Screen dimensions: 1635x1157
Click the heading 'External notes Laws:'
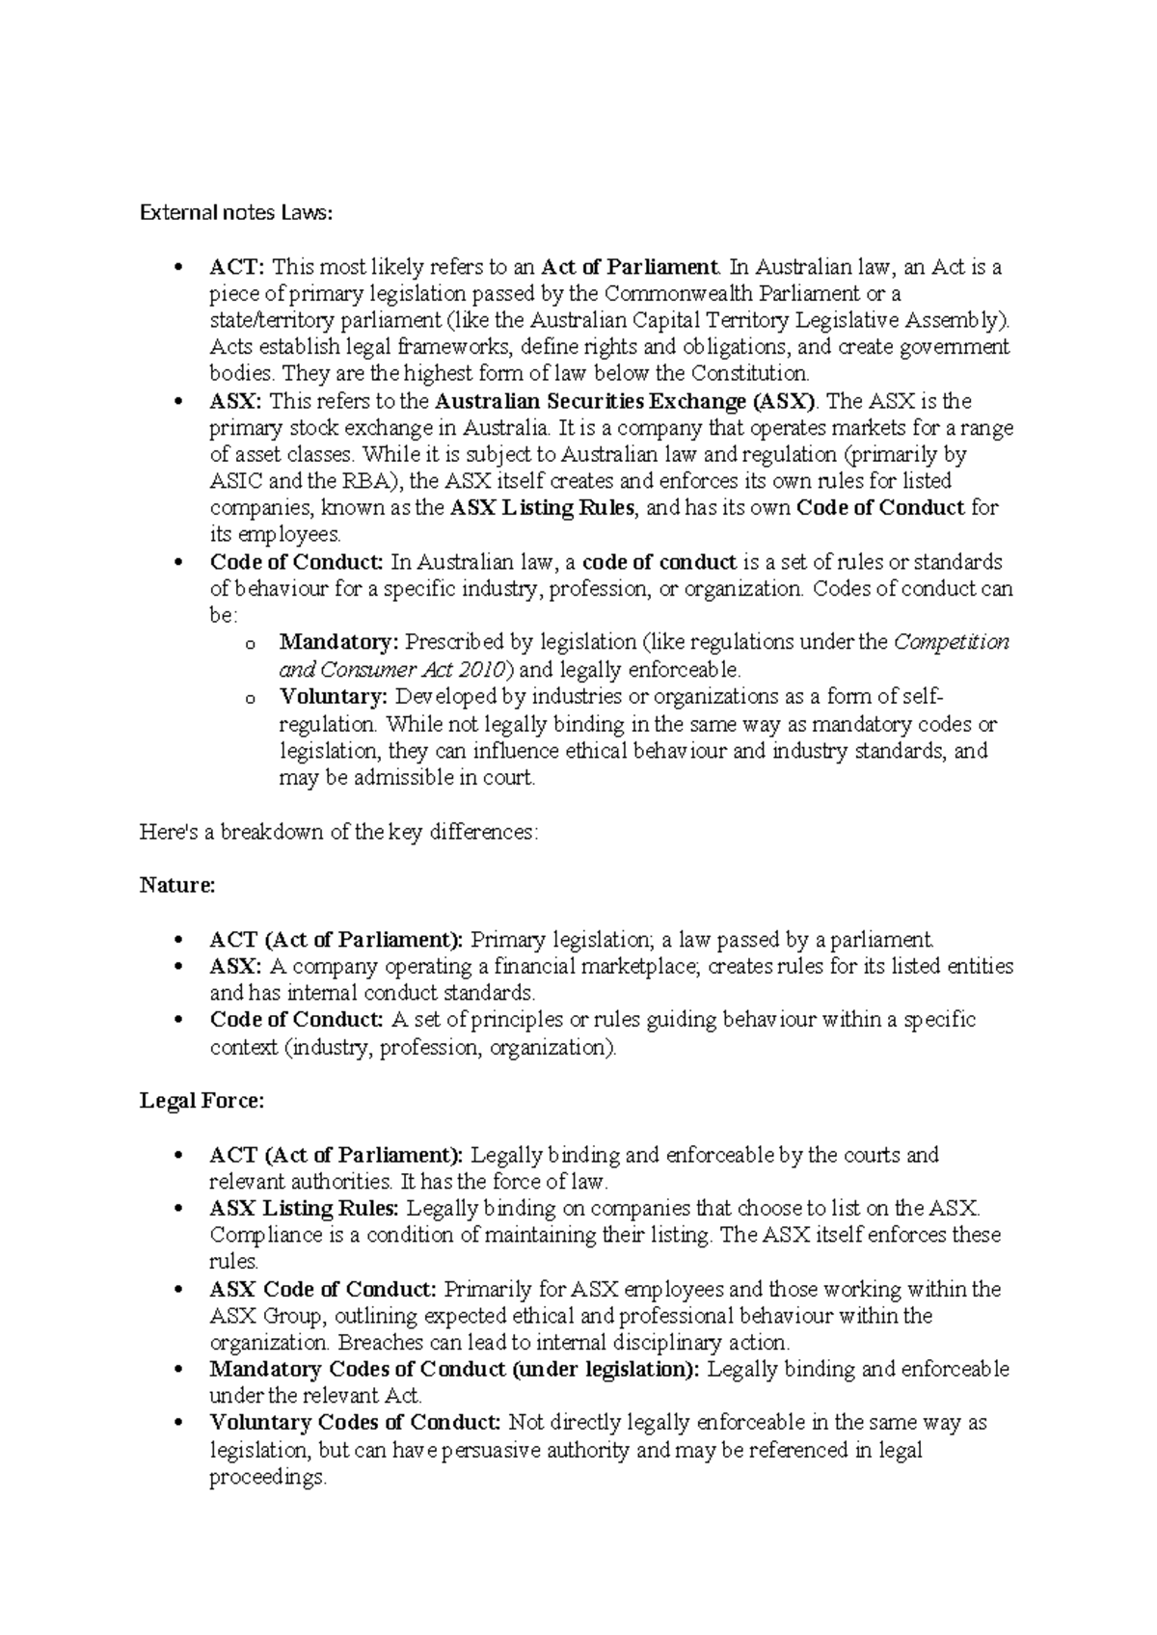[235, 213]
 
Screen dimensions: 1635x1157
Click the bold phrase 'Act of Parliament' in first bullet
[630, 267]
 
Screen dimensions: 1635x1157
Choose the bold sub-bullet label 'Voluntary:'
[333, 697]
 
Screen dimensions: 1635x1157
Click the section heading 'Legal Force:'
[202, 1101]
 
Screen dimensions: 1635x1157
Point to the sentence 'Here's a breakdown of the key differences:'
[339, 832]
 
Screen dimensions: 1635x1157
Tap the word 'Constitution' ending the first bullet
[757, 374]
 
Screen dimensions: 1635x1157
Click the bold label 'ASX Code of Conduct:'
[323, 1290]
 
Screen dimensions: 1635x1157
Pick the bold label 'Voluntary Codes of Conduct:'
[355, 1423]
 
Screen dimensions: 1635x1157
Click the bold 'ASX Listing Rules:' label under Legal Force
[303, 1209]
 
